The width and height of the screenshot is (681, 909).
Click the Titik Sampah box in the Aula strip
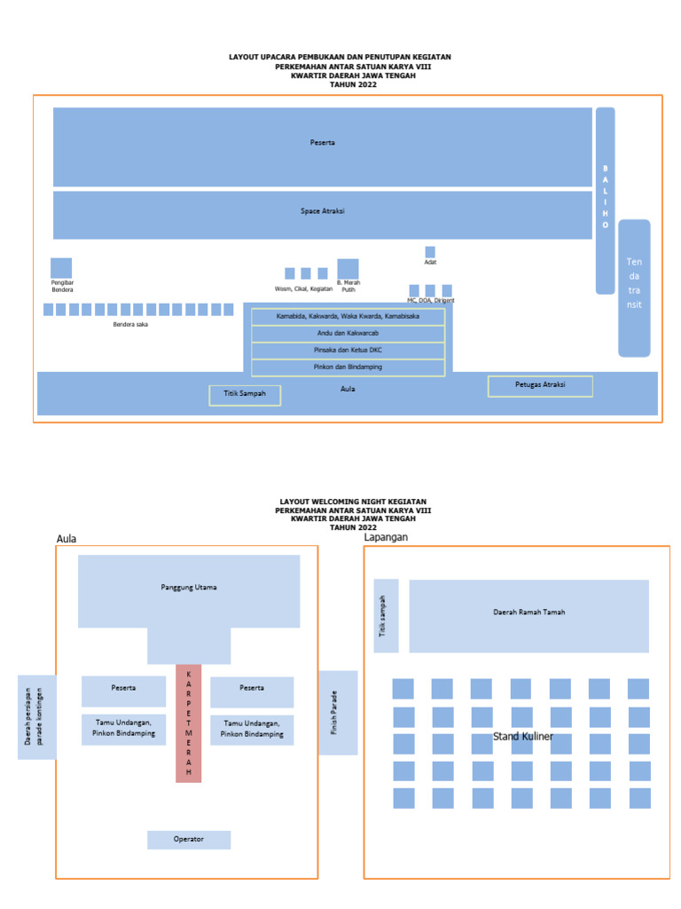[245, 395]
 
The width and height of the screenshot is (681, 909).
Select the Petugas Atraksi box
[540, 385]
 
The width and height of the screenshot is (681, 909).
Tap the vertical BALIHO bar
[606, 200]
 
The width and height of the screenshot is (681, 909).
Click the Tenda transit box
[634, 288]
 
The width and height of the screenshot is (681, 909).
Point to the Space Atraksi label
[322, 211]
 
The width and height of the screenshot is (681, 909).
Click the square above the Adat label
[430, 252]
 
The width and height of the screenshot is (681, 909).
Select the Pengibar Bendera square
[61, 267]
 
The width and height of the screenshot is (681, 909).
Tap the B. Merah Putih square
[348, 269]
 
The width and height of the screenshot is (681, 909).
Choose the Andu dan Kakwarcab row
[348, 334]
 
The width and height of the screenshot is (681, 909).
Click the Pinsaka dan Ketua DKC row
[348, 351]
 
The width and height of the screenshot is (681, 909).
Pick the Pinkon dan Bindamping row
[348, 367]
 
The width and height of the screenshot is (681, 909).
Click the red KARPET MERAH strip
[188, 723]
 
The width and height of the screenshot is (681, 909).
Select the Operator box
[189, 839]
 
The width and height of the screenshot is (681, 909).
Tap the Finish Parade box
[338, 713]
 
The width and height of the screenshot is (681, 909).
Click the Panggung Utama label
[189, 588]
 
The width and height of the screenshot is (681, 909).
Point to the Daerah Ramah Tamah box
[528, 613]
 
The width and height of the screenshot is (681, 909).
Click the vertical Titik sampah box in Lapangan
[386, 615]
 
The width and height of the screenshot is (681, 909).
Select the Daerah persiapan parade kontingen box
[36, 716]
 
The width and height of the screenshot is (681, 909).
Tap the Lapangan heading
[387, 537]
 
